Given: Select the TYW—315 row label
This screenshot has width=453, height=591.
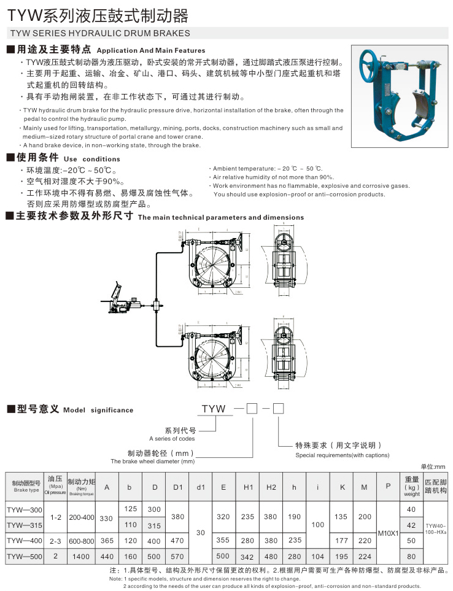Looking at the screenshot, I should [25, 525].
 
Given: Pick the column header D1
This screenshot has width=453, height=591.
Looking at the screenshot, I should [178, 487].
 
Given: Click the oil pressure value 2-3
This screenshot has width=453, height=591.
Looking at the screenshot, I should [56, 541].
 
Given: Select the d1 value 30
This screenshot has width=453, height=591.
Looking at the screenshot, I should [201, 532].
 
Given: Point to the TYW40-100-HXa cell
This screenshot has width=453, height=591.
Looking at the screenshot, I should [436, 528].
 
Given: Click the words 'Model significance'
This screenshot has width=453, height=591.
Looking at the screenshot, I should [98, 410].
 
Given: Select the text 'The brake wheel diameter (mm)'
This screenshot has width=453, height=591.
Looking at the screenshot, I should [152, 461].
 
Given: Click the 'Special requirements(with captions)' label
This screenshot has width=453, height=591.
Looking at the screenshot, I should [342, 455].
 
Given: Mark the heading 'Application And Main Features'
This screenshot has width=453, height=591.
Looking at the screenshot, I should [151, 50].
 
